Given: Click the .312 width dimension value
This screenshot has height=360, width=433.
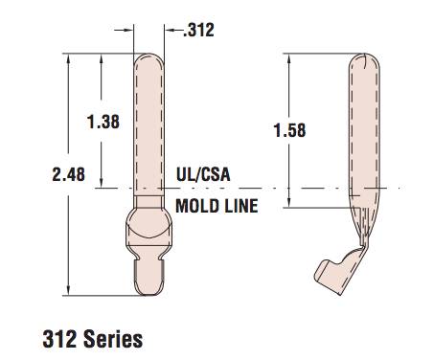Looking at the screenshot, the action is (x=198, y=31).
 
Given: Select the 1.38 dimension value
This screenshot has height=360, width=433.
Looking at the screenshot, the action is (x=103, y=122).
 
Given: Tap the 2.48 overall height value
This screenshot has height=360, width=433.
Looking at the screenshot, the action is (x=69, y=174).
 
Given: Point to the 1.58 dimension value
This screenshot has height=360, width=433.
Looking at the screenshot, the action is (x=289, y=130).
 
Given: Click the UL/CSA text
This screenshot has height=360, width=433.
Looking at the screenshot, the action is (x=203, y=174).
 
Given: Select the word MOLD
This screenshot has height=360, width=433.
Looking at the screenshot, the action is (x=195, y=206).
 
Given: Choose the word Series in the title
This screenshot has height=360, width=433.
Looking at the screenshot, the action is (x=113, y=339).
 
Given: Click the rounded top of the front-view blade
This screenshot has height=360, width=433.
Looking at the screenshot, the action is (x=148, y=59).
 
